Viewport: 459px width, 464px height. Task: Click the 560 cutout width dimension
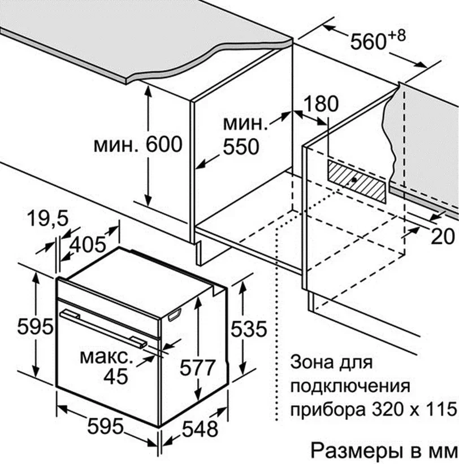[369, 42]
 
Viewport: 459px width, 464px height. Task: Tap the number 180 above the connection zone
[321, 103]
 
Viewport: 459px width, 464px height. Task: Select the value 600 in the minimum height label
[164, 144]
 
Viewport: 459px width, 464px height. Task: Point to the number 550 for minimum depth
[241, 146]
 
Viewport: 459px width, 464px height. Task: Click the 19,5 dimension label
[47, 218]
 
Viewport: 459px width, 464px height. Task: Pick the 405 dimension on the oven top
[88, 245]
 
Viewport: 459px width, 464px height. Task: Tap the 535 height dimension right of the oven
[249, 329]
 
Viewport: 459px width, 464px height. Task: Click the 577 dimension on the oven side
[197, 367]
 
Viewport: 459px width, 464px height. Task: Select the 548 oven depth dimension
[200, 429]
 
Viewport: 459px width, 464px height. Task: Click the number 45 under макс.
[116, 376]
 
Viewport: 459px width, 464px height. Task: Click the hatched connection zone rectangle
[357, 181]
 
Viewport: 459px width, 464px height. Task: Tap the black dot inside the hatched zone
[354, 180]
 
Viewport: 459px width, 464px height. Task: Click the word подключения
[350, 386]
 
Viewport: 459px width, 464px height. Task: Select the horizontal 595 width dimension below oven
[106, 426]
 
